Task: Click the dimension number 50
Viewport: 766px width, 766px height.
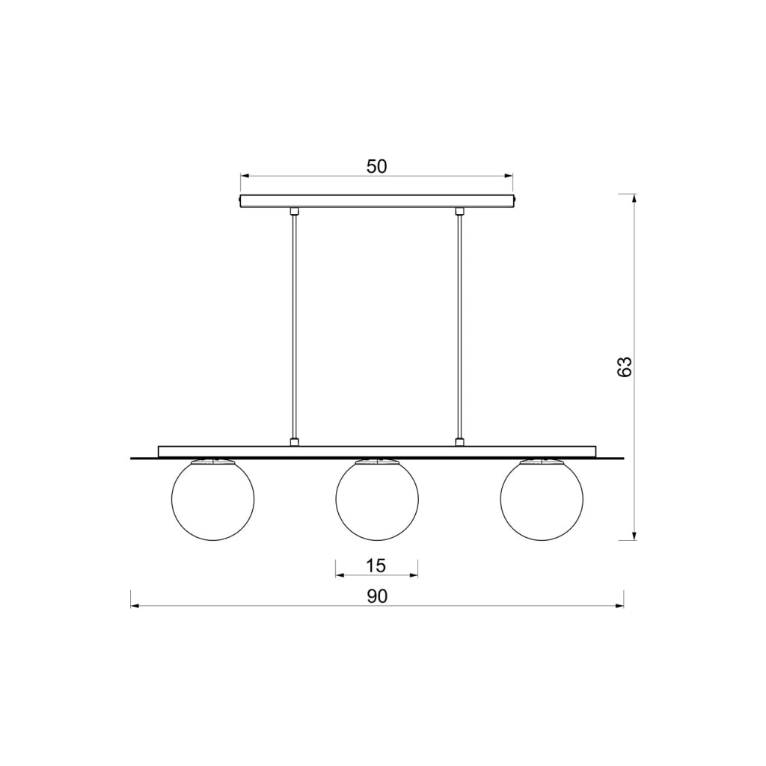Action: pos(377,167)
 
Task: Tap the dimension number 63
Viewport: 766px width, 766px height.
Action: pos(625,367)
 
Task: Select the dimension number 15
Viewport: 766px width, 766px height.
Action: pos(376,566)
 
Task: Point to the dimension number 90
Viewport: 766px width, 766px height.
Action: pos(377,596)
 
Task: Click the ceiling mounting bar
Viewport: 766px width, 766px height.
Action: pos(377,201)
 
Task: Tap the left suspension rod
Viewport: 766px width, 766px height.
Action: pos(294,327)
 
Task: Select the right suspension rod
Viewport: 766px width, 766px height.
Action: pos(459,327)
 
